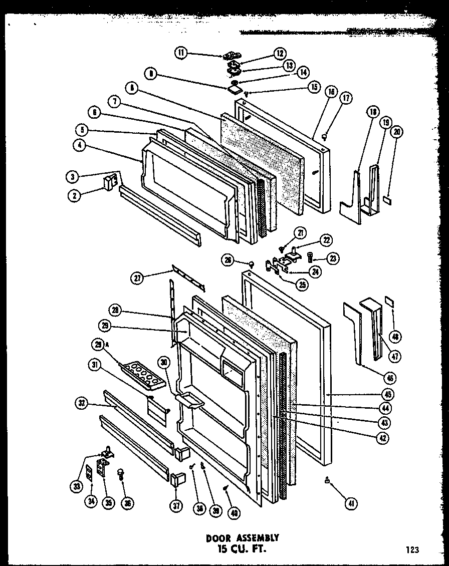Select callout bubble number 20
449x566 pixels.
click(x=397, y=132)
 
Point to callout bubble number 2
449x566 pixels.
click(x=74, y=196)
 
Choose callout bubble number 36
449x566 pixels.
click(x=128, y=503)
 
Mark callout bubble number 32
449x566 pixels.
click(x=82, y=402)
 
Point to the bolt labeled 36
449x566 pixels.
click(x=120, y=473)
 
